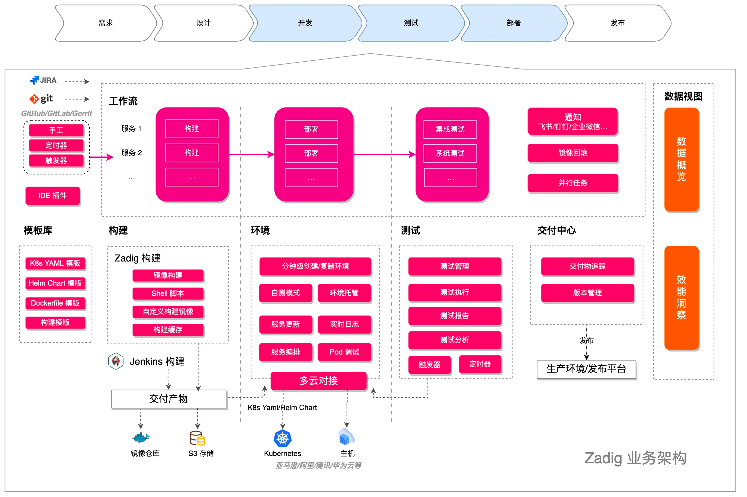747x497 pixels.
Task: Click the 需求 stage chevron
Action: click(106, 23)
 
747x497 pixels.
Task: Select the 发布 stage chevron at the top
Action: click(617, 23)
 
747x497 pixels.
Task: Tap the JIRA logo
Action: click(43, 80)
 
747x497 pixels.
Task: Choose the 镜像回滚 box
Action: click(573, 153)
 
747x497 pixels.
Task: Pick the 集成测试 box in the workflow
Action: click(450, 129)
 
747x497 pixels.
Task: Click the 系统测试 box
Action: click(450, 153)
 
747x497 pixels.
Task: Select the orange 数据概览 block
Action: click(681, 159)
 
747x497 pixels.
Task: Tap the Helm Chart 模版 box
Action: click(55, 283)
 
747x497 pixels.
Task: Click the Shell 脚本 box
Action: click(168, 293)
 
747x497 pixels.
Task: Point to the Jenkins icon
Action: click(116, 361)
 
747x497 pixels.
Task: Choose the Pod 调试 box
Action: click(344, 352)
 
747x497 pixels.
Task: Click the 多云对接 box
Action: click(319, 381)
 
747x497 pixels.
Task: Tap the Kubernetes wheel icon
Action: click(282, 438)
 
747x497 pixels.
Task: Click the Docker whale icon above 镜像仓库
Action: click(141, 438)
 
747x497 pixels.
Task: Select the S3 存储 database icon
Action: click(197, 438)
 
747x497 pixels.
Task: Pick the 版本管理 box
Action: click(587, 293)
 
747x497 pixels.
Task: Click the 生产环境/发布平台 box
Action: click(586, 369)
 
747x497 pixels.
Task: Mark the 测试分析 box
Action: click(454, 340)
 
